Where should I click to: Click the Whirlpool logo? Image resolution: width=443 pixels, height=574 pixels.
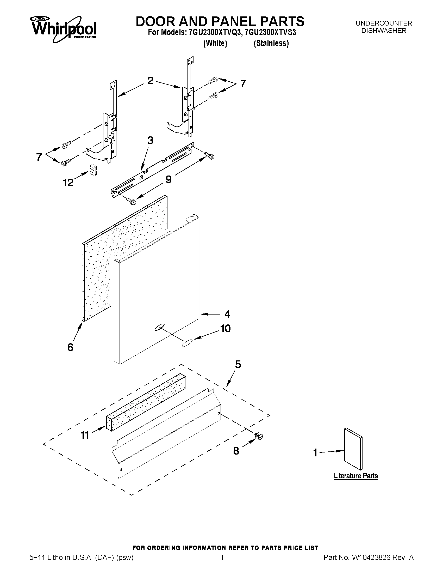(x=64, y=29)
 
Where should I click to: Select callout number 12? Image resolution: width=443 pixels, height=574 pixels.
(x=68, y=182)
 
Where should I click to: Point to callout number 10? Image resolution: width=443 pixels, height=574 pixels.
(x=225, y=329)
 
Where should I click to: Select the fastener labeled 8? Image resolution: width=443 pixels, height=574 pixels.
(x=259, y=437)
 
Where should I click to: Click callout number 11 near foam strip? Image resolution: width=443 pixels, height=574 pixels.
(x=84, y=436)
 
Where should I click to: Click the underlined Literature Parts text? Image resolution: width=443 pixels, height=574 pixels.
(x=355, y=476)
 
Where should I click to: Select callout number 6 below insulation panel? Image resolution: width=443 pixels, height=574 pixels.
(x=70, y=347)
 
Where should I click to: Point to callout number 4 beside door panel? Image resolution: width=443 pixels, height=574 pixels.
(x=227, y=314)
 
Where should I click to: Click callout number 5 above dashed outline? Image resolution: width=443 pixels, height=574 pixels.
(x=238, y=365)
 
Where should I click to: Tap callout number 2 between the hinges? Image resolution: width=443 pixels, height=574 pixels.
(x=150, y=80)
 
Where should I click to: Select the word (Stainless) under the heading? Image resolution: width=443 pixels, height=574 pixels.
(x=271, y=43)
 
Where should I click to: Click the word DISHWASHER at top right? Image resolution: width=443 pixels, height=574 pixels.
(x=384, y=31)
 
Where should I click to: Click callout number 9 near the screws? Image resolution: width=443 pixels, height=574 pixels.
(x=169, y=179)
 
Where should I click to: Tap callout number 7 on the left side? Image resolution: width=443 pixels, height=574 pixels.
(x=39, y=157)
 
